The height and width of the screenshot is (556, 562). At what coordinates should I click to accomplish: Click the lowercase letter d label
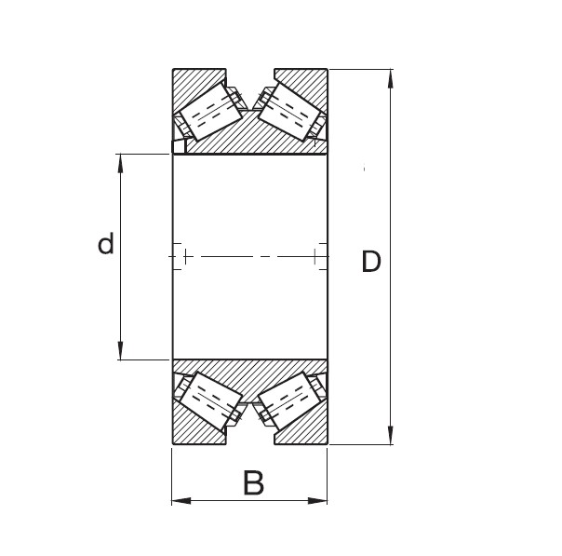[x=106, y=245]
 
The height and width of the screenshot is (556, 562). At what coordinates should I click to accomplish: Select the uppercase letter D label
[x=370, y=263]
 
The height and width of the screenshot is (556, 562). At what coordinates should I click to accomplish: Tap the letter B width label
[x=253, y=483]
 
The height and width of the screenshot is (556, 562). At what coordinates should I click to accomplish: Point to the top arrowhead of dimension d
[x=121, y=161]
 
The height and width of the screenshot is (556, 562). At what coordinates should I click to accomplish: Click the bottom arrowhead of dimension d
[x=121, y=351]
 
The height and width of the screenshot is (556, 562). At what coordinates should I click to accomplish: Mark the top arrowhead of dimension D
[x=390, y=77]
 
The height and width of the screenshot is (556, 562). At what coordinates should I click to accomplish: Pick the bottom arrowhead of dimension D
[x=390, y=436]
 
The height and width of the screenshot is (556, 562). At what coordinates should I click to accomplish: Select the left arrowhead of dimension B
[x=180, y=501]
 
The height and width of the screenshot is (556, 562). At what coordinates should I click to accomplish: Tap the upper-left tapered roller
[x=209, y=110]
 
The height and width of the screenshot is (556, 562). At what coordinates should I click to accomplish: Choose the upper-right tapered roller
[x=289, y=110]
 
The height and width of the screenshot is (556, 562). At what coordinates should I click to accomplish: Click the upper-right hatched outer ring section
[x=307, y=82]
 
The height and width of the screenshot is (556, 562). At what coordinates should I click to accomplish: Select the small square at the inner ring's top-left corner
[x=179, y=146]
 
